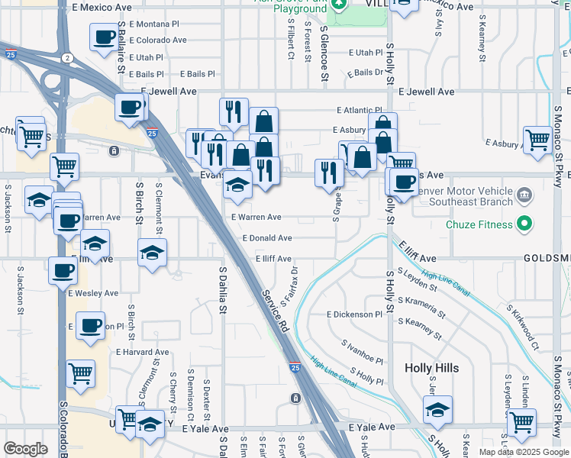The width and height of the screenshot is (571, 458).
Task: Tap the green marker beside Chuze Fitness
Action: pos(524,224)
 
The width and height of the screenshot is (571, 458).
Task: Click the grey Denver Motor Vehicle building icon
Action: pos(524,195)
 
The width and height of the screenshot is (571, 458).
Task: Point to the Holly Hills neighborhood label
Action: pos(431,368)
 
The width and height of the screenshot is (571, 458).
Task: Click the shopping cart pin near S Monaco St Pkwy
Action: pos(537,140)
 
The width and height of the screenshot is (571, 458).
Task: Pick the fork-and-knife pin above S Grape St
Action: pos(329,171)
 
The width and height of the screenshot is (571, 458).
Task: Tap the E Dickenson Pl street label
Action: pos(353,314)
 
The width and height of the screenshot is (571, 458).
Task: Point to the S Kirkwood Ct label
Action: pos(524,326)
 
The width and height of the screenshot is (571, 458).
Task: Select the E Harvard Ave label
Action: pos(142,352)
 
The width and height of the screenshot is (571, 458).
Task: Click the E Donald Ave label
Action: pos(267,238)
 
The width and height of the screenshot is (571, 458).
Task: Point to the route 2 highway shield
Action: pos(67,58)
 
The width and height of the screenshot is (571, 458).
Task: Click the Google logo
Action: pos(25,449)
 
